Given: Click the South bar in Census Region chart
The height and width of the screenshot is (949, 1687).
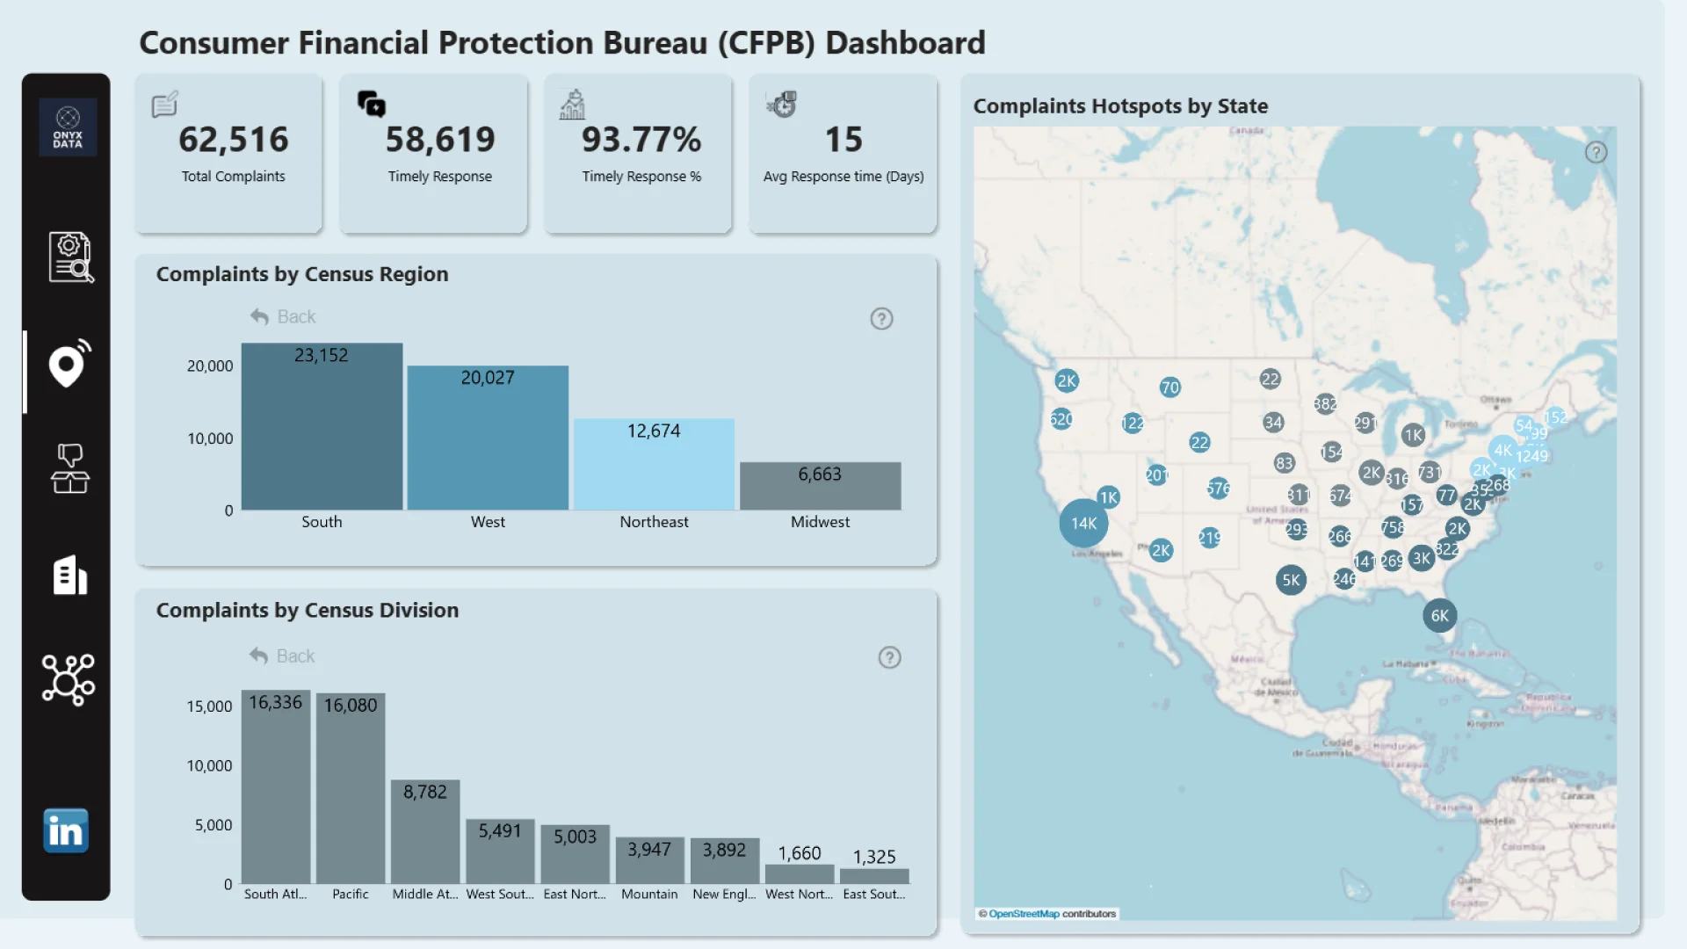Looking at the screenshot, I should (322, 431).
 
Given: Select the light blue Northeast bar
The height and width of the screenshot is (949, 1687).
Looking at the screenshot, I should (654, 466).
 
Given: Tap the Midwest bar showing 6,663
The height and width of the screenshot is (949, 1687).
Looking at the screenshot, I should (820, 487).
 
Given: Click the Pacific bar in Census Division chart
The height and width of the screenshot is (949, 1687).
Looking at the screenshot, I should (351, 791).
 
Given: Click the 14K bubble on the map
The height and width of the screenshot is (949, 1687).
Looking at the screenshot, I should (1083, 524).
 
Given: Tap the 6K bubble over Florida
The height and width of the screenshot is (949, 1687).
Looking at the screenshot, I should (1439, 616).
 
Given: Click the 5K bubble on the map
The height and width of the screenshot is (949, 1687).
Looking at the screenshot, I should (1291, 580).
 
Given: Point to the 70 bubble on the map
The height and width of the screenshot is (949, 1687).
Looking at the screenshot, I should (1169, 388).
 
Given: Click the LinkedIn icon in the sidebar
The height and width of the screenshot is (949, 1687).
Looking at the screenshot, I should (66, 831).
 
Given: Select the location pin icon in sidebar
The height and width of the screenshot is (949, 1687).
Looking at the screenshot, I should (69, 365).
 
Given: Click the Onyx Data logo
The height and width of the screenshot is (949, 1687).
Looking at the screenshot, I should (68, 127).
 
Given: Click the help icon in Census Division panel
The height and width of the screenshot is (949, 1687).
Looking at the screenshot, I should (889, 658).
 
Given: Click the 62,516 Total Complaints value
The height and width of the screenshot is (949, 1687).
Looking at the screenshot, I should (233, 140).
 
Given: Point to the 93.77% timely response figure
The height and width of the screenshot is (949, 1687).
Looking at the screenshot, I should (641, 140).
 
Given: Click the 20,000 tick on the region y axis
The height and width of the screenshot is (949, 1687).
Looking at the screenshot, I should (210, 366).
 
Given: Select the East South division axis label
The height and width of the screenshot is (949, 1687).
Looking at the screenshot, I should (873, 895).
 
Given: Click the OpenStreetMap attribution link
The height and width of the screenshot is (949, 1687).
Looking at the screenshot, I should (1024, 914).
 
